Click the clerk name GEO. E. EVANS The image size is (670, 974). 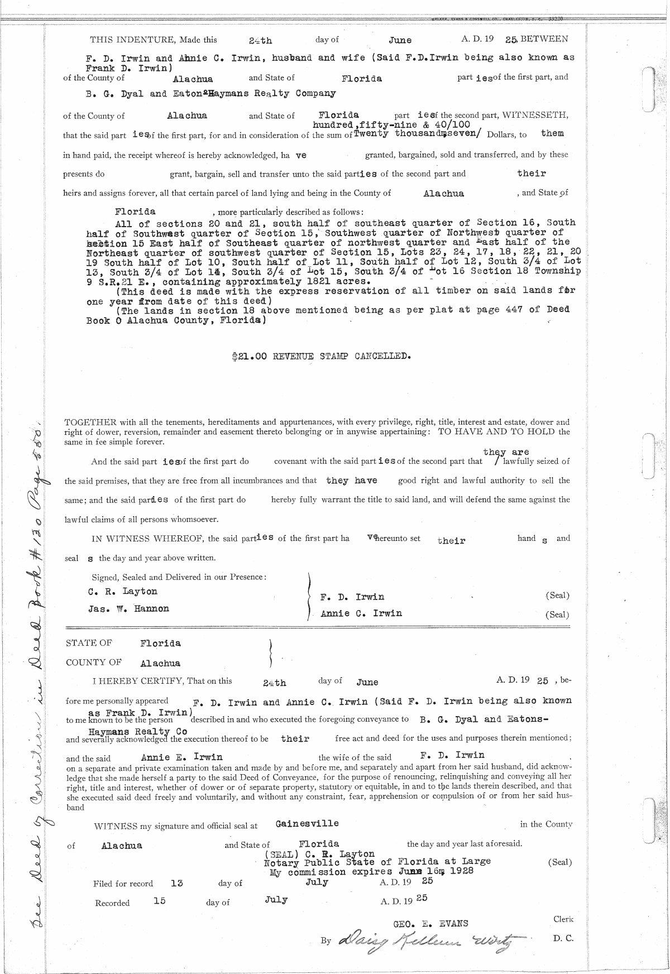coord(430,923)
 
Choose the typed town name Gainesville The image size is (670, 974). coord(307,823)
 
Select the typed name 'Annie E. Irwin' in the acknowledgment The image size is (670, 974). coord(182,757)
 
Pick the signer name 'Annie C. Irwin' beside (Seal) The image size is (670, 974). coord(361,613)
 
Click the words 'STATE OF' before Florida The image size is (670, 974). coord(89,643)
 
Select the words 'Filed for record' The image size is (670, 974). coord(123,884)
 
